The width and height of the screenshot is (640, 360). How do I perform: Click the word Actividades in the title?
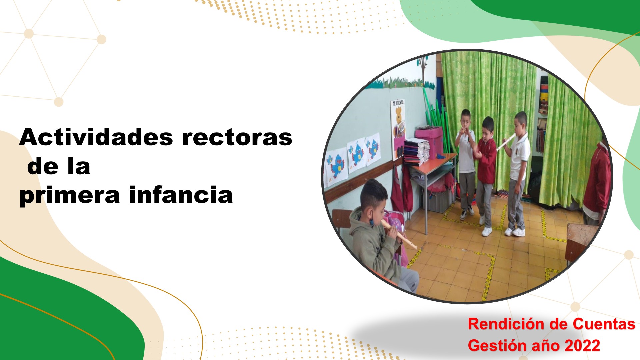96,137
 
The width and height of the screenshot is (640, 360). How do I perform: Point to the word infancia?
181,195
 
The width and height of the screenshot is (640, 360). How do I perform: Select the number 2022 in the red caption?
582,346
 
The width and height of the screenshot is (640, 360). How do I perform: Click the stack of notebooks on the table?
415,152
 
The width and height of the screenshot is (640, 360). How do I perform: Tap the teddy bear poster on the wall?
398,128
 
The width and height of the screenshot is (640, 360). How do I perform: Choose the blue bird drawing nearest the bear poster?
373,149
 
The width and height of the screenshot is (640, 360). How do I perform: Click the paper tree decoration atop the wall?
423,69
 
